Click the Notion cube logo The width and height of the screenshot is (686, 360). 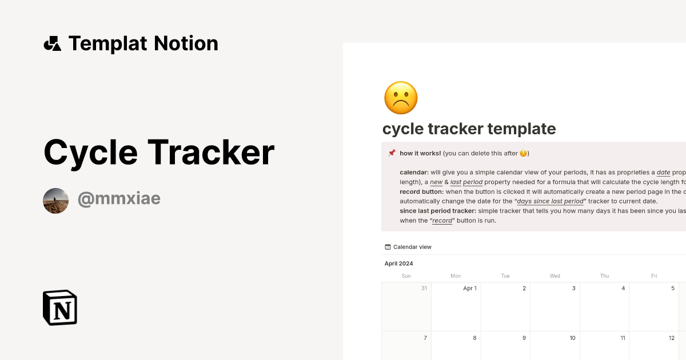(x=60, y=307)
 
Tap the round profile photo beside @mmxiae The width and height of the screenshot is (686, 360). (x=56, y=201)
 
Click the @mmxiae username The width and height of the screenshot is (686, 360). (x=119, y=199)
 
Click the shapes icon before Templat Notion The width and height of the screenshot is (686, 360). (x=52, y=43)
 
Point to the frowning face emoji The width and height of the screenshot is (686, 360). (x=401, y=98)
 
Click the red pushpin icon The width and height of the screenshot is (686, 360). (x=392, y=153)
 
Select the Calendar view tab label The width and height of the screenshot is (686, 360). (x=412, y=247)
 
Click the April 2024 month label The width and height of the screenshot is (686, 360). (x=398, y=263)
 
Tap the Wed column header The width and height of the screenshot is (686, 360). (x=555, y=276)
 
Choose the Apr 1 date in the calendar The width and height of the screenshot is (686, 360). (x=470, y=289)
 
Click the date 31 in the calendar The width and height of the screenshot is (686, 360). (x=424, y=289)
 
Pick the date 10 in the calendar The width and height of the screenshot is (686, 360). (x=572, y=338)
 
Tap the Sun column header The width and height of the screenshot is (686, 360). (x=406, y=276)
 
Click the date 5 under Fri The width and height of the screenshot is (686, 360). (x=673, y=289)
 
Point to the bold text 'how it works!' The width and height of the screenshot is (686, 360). (x=420, y=153)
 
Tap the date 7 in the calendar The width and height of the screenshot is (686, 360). (x=425, y=338)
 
